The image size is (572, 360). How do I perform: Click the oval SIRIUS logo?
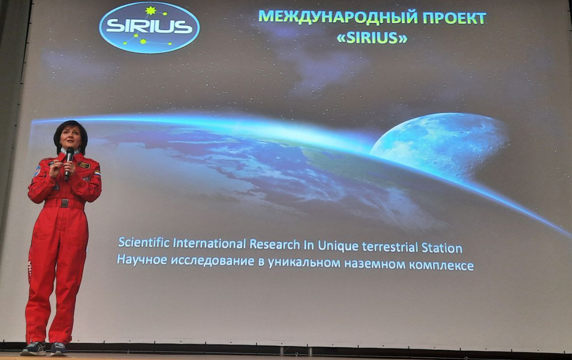(149, 27)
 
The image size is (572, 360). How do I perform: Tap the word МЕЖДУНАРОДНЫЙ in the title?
(338, 17)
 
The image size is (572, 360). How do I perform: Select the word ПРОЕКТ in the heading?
(454, 17)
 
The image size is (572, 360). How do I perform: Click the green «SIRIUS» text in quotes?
(372, 38)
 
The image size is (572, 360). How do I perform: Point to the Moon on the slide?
(439, 146)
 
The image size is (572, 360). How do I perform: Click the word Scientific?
(144, 242)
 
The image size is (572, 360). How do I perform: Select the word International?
(210, 243)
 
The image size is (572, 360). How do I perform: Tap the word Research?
(275, 245)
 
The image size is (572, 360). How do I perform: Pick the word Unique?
(338, 247)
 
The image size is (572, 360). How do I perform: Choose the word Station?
(442, 248)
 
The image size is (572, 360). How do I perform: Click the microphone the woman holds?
(69, 164)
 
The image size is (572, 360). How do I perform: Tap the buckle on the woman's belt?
(65, 203)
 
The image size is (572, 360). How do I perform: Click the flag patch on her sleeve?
(97, 173)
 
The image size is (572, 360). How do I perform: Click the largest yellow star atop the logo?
(151, 10)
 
